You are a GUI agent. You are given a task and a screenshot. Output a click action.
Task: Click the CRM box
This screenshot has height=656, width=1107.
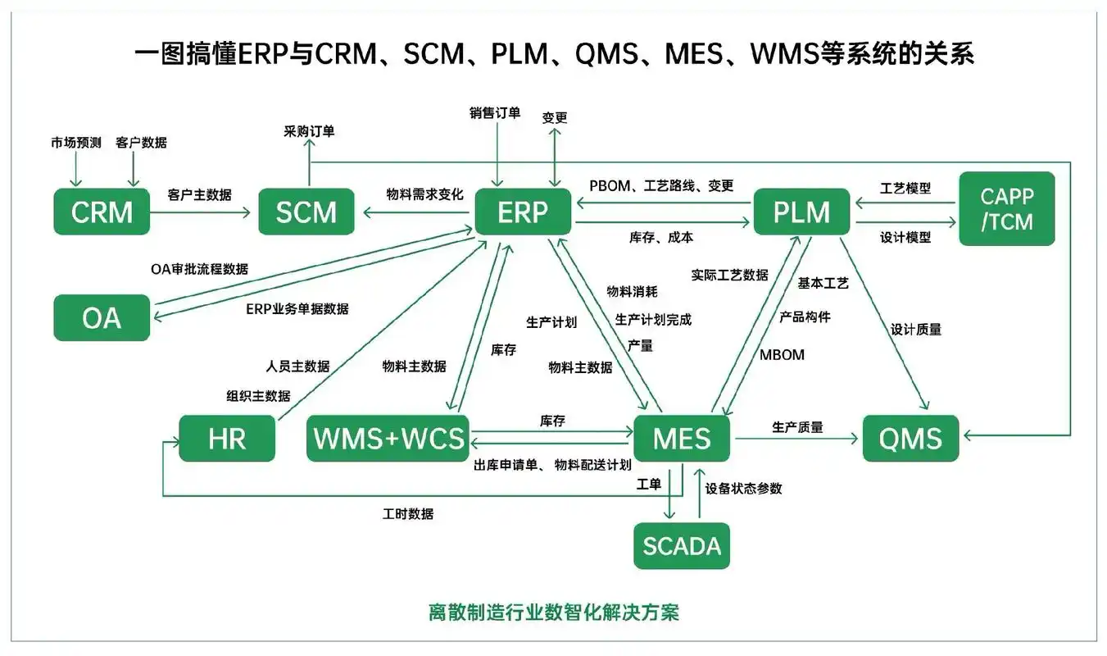(102, 212)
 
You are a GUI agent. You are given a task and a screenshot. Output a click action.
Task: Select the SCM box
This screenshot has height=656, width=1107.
(306, 212)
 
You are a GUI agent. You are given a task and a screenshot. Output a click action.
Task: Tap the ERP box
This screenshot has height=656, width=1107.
(523, 212)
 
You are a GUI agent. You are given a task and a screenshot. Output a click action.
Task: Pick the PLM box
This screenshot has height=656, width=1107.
(801, 212)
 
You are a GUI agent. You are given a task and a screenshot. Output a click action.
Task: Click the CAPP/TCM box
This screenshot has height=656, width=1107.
(1006, 208)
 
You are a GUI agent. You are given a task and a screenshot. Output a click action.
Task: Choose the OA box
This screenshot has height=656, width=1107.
(102, 317)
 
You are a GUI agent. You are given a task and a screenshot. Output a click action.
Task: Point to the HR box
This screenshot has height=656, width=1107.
(227, 439)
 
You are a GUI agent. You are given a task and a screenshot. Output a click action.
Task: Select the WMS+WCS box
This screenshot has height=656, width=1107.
(388, 439)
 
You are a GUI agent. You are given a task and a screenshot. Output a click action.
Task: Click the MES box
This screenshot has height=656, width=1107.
(682, 439)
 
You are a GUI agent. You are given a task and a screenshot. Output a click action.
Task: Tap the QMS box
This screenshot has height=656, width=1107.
(910, 439)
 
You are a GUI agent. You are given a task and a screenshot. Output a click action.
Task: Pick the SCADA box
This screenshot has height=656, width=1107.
(682, 546)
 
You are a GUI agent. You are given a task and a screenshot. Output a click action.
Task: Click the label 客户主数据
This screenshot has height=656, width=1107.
(199, 194)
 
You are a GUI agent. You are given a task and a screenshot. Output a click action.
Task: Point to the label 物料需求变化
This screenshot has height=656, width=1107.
(424, 194)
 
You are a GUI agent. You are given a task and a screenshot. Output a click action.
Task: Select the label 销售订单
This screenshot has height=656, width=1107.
(495, 113)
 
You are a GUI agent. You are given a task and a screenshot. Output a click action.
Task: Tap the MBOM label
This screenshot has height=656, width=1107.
(782, 355)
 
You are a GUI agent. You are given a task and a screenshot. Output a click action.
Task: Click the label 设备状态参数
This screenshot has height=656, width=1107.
(744, 488)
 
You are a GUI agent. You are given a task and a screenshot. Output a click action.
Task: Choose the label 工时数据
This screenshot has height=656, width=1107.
(408, 514)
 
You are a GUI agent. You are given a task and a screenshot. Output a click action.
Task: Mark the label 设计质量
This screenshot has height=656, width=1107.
(916, 329)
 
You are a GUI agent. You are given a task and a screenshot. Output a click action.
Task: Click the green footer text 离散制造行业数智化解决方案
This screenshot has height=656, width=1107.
(553, 613)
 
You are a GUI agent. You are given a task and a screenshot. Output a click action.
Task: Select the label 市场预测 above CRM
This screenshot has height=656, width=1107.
(76, 142)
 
